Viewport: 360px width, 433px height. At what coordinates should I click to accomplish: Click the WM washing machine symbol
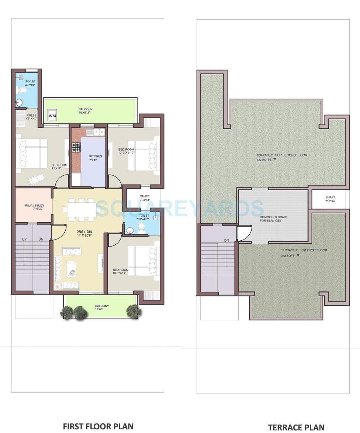(52, 116)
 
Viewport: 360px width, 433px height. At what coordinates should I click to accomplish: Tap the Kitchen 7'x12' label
(96, 158)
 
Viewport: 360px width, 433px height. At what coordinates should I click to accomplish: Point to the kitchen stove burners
(76, 147)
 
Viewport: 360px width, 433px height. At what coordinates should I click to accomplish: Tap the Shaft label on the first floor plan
(145, 198)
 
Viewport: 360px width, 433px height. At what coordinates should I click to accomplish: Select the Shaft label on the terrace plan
(330, 199)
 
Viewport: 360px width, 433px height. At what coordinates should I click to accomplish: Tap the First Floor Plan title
(98, 426)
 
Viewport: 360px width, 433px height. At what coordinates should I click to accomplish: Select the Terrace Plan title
(296, 427)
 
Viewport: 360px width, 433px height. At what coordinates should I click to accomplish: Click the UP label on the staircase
(24, 239)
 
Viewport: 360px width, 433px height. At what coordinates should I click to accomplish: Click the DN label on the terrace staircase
(226, 240)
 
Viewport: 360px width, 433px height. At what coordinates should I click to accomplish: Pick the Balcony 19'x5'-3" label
(85, 111)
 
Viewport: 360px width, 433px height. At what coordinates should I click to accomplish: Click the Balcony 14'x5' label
(102, 307)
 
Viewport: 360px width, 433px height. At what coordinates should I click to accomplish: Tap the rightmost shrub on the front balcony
(134, 311)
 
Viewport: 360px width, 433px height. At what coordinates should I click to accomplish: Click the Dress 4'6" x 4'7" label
(31, 117)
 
